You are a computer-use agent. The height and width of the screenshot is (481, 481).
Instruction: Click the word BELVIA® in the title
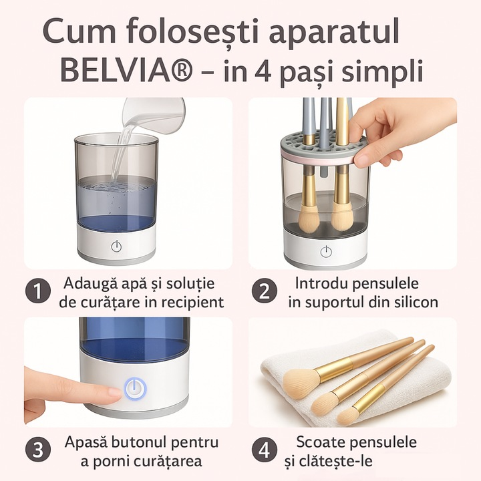(127, 71)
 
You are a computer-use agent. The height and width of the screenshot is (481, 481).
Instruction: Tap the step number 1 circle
(38, 291)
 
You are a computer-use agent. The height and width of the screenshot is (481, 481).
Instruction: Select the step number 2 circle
(264, 291)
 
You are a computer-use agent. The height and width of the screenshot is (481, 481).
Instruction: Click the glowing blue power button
(135, 389)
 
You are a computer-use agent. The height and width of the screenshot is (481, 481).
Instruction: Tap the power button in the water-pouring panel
(116, 246)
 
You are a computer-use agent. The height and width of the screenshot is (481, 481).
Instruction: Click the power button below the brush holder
(326, 252)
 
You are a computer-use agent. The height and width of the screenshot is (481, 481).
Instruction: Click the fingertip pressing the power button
(114, 393)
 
